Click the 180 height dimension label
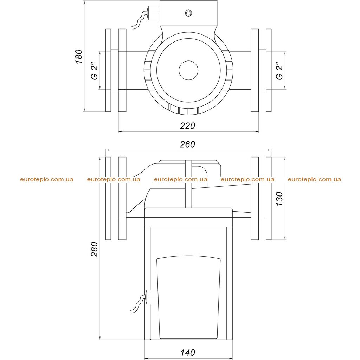click(x=78, y=57)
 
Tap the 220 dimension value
click(x=187, y=126)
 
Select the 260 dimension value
click(x=187, y=144)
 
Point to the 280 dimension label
click(x=94, y=249)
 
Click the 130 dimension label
click(x=279, y=199)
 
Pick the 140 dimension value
click(x=188, y=353)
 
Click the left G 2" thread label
click(x=94, y=71)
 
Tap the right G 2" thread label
click(x=279, y=71)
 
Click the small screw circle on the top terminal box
click(x=188, y=13)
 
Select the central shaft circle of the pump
click(x=188, y=70)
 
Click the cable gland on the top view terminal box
click(x=153, y=13)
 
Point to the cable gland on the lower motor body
click(x=152, y=297)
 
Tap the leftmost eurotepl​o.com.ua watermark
click(x=47, y=179)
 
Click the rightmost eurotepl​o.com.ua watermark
click(x=314, y=179)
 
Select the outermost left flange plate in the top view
click(x=108, y=70)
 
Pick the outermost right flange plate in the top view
click(x=269, y=70)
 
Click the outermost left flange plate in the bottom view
click(x=108, y=198)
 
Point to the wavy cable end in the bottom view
click(x=138, y=304)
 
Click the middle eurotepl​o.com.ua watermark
click(x=181, y=179)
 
